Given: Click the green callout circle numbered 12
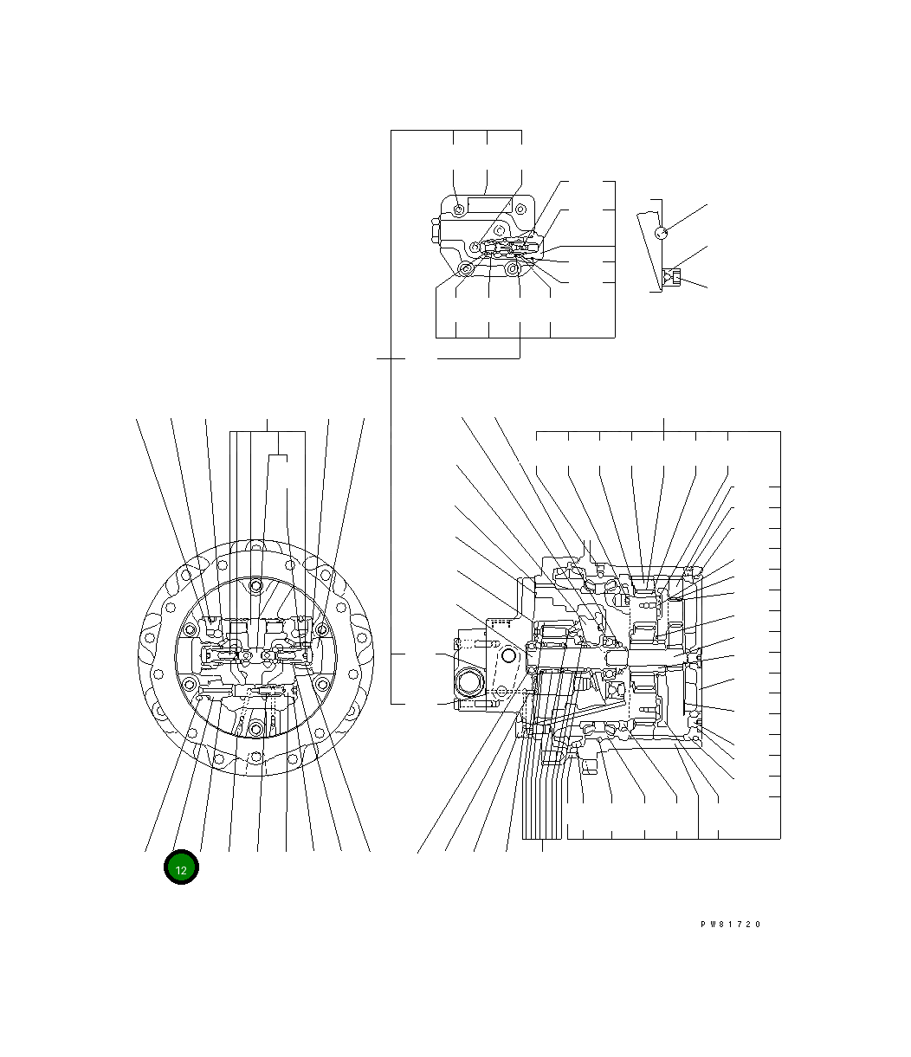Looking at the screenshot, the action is [181, 867].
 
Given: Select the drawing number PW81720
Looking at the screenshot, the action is [730, 924].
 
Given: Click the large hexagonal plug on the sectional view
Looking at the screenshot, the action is [469, 682].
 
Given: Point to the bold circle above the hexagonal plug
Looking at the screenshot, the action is [508, 655].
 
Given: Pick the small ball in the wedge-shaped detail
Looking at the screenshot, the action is [661, 233].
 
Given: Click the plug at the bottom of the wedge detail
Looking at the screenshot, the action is [672, 277].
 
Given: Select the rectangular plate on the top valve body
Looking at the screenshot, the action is [489, 204].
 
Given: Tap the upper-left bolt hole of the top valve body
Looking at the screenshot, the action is [459, 209].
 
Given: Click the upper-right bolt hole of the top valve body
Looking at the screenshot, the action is [520, 209].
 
